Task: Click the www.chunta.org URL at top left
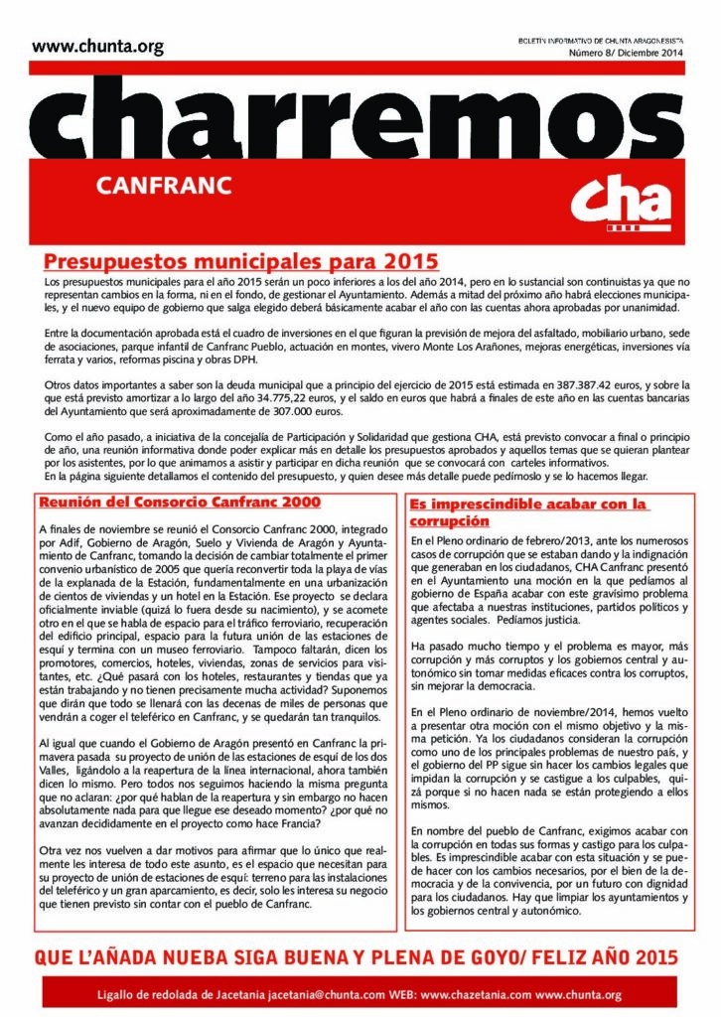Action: [97, 46]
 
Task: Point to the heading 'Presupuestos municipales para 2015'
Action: [241, 263]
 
